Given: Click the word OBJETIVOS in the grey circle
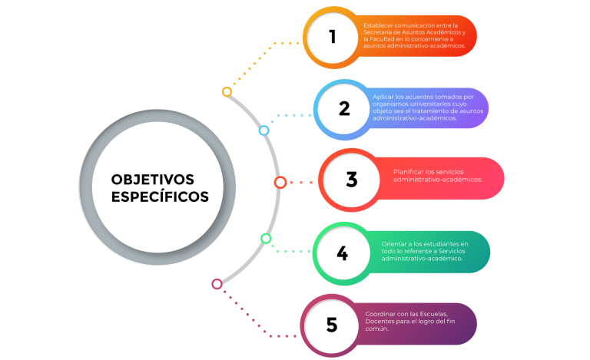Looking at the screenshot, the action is tap(153, 180).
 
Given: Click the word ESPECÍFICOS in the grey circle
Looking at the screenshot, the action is tap(160, 197).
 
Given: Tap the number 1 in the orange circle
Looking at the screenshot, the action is tap(332, 37).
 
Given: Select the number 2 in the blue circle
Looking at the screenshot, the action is tap(344, 109).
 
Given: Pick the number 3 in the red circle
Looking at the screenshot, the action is tap(352, 180).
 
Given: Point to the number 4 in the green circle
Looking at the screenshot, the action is tap(343, 253).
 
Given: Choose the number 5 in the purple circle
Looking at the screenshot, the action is tap(332, 325).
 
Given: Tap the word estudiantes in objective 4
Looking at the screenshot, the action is tap(441, 244).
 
